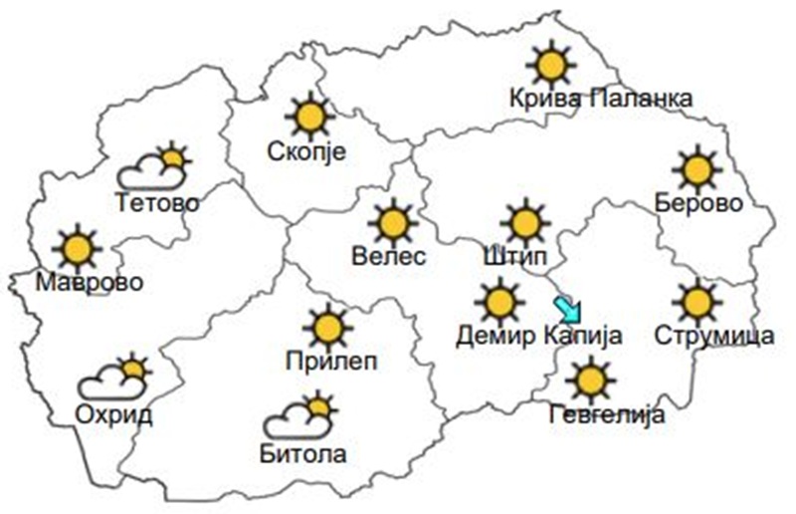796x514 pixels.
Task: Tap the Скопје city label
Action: [306, 152]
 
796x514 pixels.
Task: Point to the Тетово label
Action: [157, 204]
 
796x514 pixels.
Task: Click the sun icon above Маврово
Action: [77, 248]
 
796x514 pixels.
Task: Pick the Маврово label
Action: [90, 283]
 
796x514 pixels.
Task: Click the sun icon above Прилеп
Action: [327, 326]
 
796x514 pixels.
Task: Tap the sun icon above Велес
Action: [393, 222]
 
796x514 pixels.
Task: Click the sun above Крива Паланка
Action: [550, 65]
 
